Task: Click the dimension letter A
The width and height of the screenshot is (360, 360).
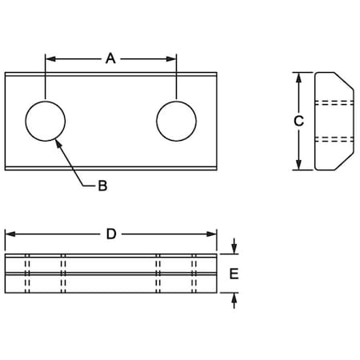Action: coord(110,58)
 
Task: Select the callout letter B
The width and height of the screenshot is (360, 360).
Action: coord(102,186)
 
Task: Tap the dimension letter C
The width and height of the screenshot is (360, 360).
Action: coord(298,121)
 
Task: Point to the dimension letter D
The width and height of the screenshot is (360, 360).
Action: coord(111,234)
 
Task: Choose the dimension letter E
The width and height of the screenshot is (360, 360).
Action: coord(234,274)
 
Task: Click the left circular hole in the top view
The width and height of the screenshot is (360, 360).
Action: coord(46,121)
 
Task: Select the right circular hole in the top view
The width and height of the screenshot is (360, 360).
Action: coord(176,121)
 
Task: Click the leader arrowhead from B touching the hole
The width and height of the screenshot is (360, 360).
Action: coord(58,142)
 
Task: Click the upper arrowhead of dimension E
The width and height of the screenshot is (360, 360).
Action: coord(234,249)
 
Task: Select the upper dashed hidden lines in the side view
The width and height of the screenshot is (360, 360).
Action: coord(335,103)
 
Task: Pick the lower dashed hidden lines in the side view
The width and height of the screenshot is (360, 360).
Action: coord(335,139)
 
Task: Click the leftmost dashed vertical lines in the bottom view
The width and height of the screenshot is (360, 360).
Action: coord(27,274)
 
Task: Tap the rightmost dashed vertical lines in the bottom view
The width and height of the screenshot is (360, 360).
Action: coord(194,274)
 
